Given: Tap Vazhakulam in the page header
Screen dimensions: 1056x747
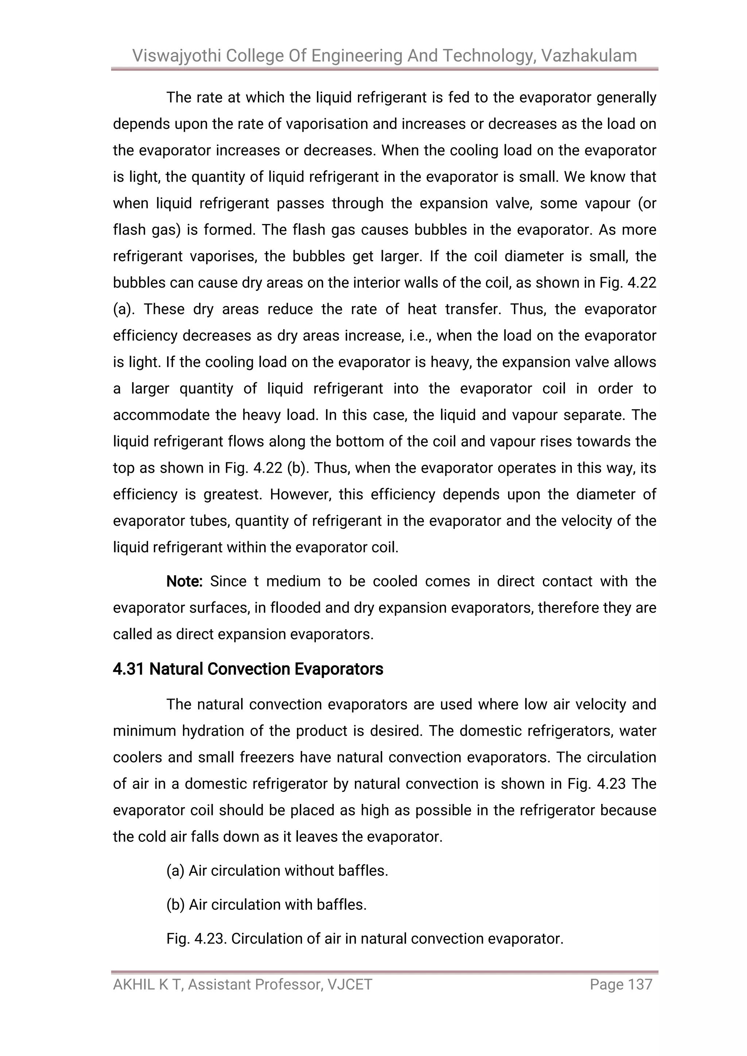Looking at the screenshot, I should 589,56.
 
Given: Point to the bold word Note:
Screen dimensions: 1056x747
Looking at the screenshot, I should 184,581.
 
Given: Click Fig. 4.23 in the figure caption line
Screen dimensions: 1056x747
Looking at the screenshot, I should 196,939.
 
